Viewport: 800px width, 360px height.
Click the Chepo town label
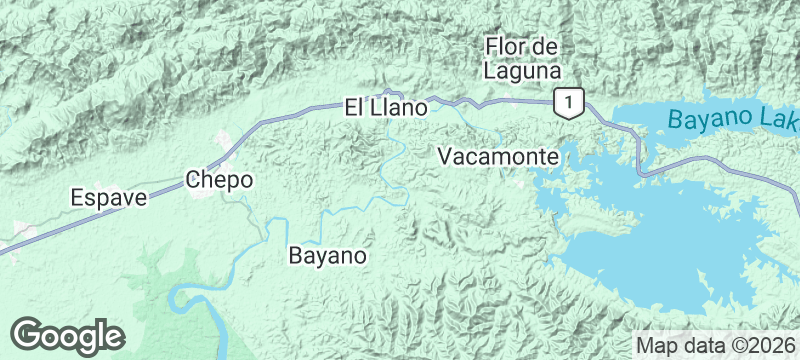click(x=219, y=180)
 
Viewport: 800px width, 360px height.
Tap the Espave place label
click(x=109, y=197)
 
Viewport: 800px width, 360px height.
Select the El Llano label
click(x=386, y=106)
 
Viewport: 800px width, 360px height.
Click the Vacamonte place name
click(x=497, y=157)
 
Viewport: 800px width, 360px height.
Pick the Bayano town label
click(x=327, y=255)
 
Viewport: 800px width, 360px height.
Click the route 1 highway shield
click(x=568, y=102)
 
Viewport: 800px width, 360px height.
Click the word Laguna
click(x=520, y=70)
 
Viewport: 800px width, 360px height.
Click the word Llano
click(x=400, y=106)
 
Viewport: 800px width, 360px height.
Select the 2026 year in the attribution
click(x=772, y=344)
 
